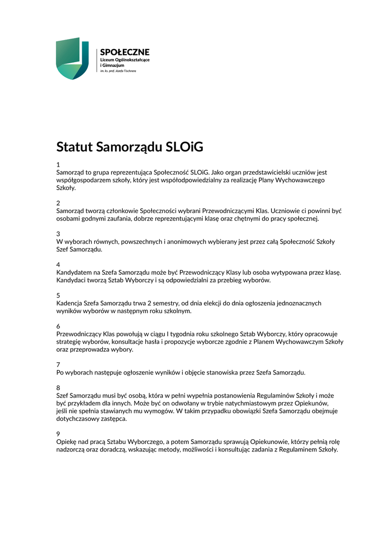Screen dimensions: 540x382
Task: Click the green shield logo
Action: point(72,59)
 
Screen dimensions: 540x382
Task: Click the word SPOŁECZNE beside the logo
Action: point(125,52)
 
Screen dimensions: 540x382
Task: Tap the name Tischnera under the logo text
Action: point(130,70)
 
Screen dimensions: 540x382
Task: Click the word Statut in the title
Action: point(74,147)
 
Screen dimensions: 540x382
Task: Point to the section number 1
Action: point(58,165)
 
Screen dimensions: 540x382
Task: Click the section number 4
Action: point(58,265)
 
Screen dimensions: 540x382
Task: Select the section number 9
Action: point(58,434)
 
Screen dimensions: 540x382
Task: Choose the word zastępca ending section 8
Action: point(113,419)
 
